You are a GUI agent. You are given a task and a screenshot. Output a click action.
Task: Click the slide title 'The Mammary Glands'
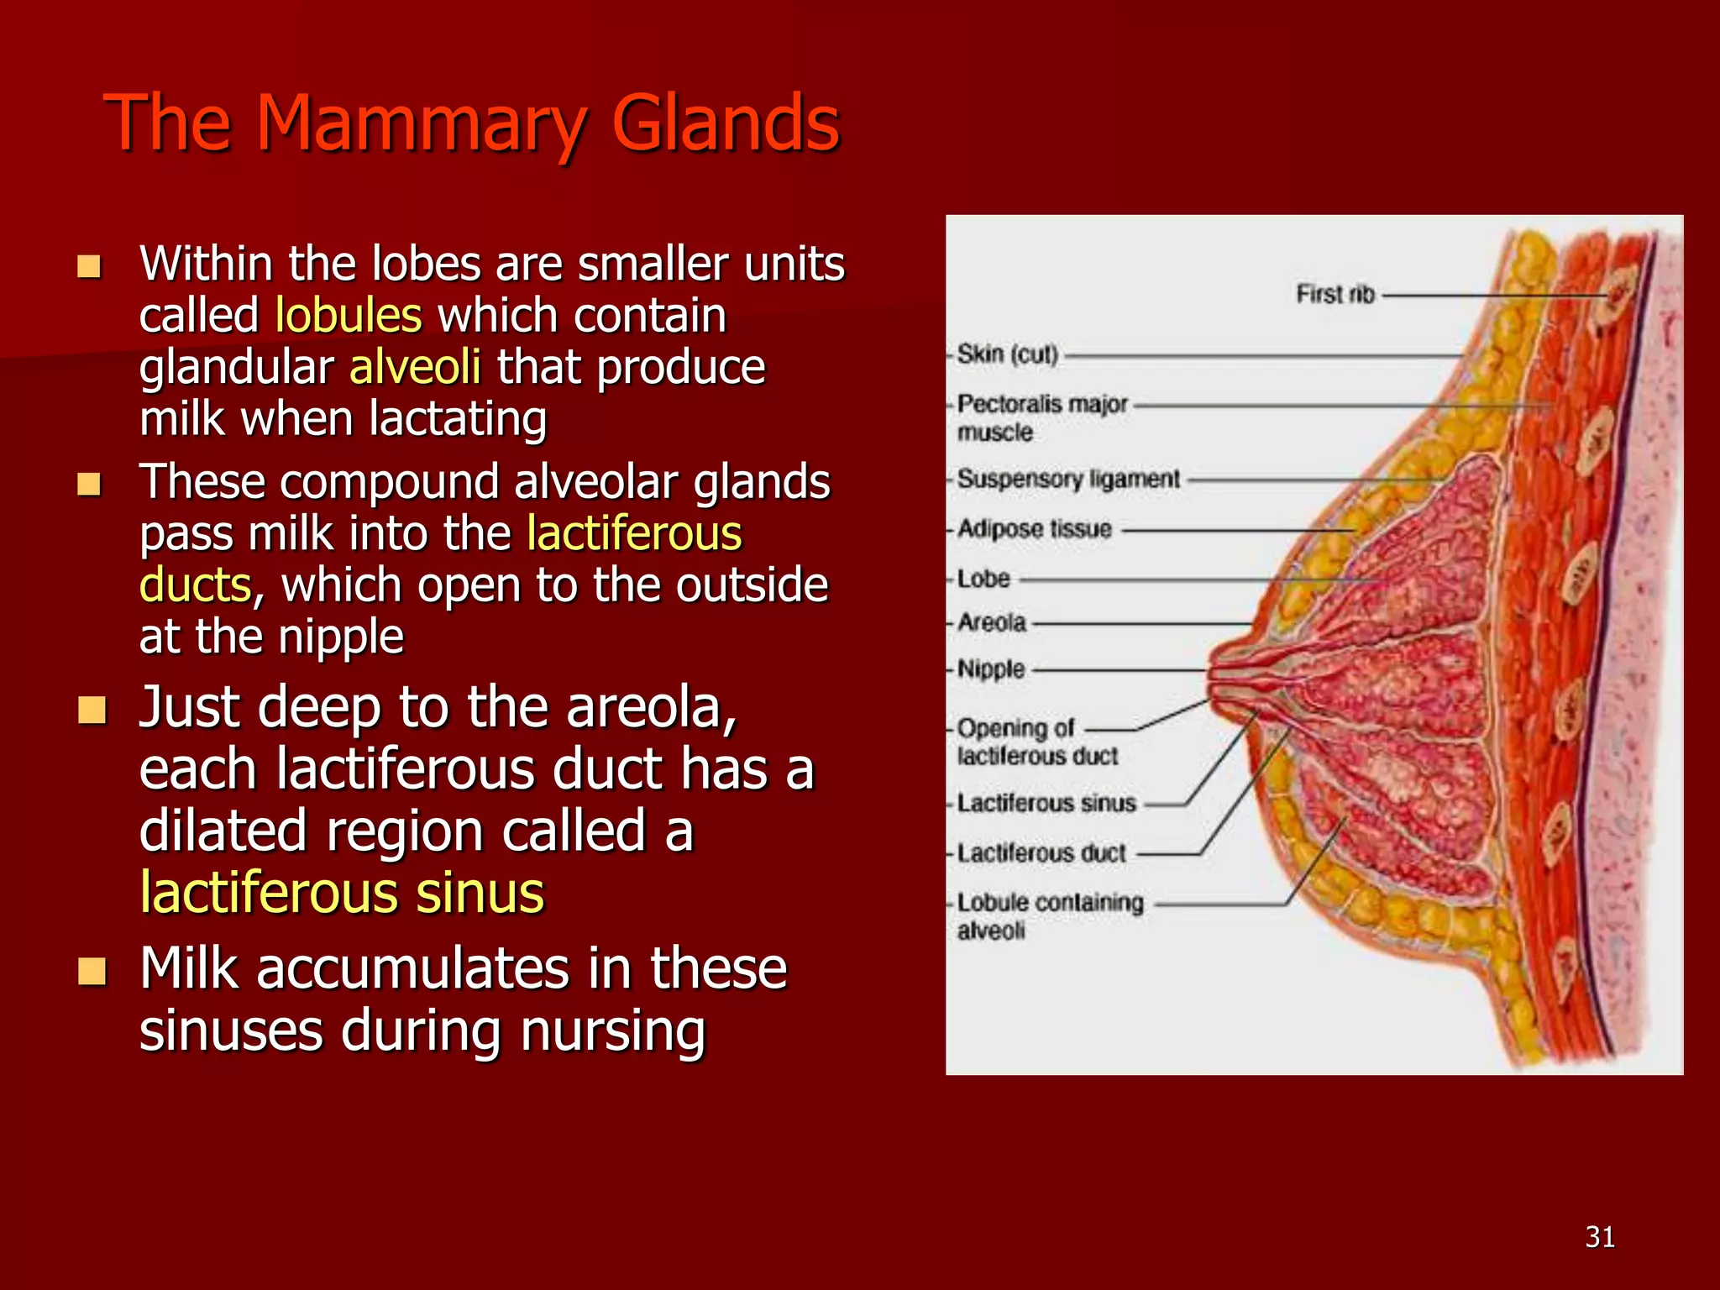[471, 124]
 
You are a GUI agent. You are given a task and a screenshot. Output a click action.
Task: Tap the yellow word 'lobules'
[348, 316]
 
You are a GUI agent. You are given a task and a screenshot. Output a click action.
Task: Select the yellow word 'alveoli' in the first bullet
[415, 368]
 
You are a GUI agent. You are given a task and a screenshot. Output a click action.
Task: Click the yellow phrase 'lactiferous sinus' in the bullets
[342, 892]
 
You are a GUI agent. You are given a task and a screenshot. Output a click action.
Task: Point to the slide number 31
[1600, 1237]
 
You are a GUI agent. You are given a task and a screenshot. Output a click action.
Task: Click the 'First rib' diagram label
[1335, 294]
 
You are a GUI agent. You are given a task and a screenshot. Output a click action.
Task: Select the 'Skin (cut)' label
[1007, 354]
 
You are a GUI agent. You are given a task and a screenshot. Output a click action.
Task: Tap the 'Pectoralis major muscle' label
[1041, 417]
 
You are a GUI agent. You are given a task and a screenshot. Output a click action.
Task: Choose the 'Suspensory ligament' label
[1068, 479]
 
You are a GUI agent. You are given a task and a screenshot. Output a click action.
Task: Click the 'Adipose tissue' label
[1034, 529]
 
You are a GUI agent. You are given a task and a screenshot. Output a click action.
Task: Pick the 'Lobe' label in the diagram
[983, 579]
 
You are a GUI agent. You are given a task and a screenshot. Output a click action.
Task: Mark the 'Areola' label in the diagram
[992, 622]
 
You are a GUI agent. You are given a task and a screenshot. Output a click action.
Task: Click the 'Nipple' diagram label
[991, 669]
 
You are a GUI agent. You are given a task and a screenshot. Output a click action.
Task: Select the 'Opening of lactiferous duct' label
[1036, 742]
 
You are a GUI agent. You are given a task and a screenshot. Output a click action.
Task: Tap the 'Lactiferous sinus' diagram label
[1046, 804]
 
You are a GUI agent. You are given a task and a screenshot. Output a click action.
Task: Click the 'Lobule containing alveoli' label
[1050, 915]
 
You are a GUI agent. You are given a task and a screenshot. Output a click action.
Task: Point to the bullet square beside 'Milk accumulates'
[92, 971]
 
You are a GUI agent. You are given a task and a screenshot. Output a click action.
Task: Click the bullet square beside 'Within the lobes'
[89, 266]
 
